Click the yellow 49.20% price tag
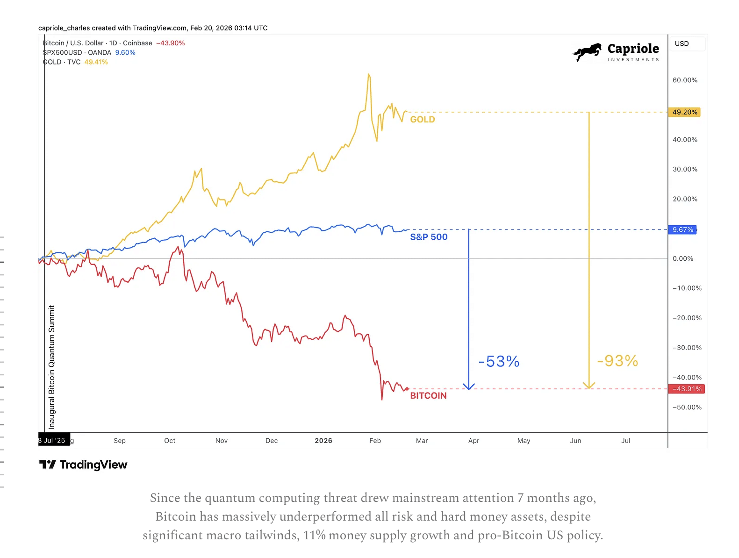685,112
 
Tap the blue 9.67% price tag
683,230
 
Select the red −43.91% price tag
687,389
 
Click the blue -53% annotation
499,361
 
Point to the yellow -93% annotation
617,361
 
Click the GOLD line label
423,120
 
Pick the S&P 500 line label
429,237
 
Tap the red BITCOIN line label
428,396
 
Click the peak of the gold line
369,74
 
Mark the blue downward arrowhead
469,386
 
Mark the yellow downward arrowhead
589,386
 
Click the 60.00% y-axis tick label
685,80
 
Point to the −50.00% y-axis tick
687,408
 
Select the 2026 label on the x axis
323,441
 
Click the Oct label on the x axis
170,441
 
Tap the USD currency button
682,43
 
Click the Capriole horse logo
588,52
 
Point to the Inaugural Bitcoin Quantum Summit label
52,367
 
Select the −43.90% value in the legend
171,43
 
